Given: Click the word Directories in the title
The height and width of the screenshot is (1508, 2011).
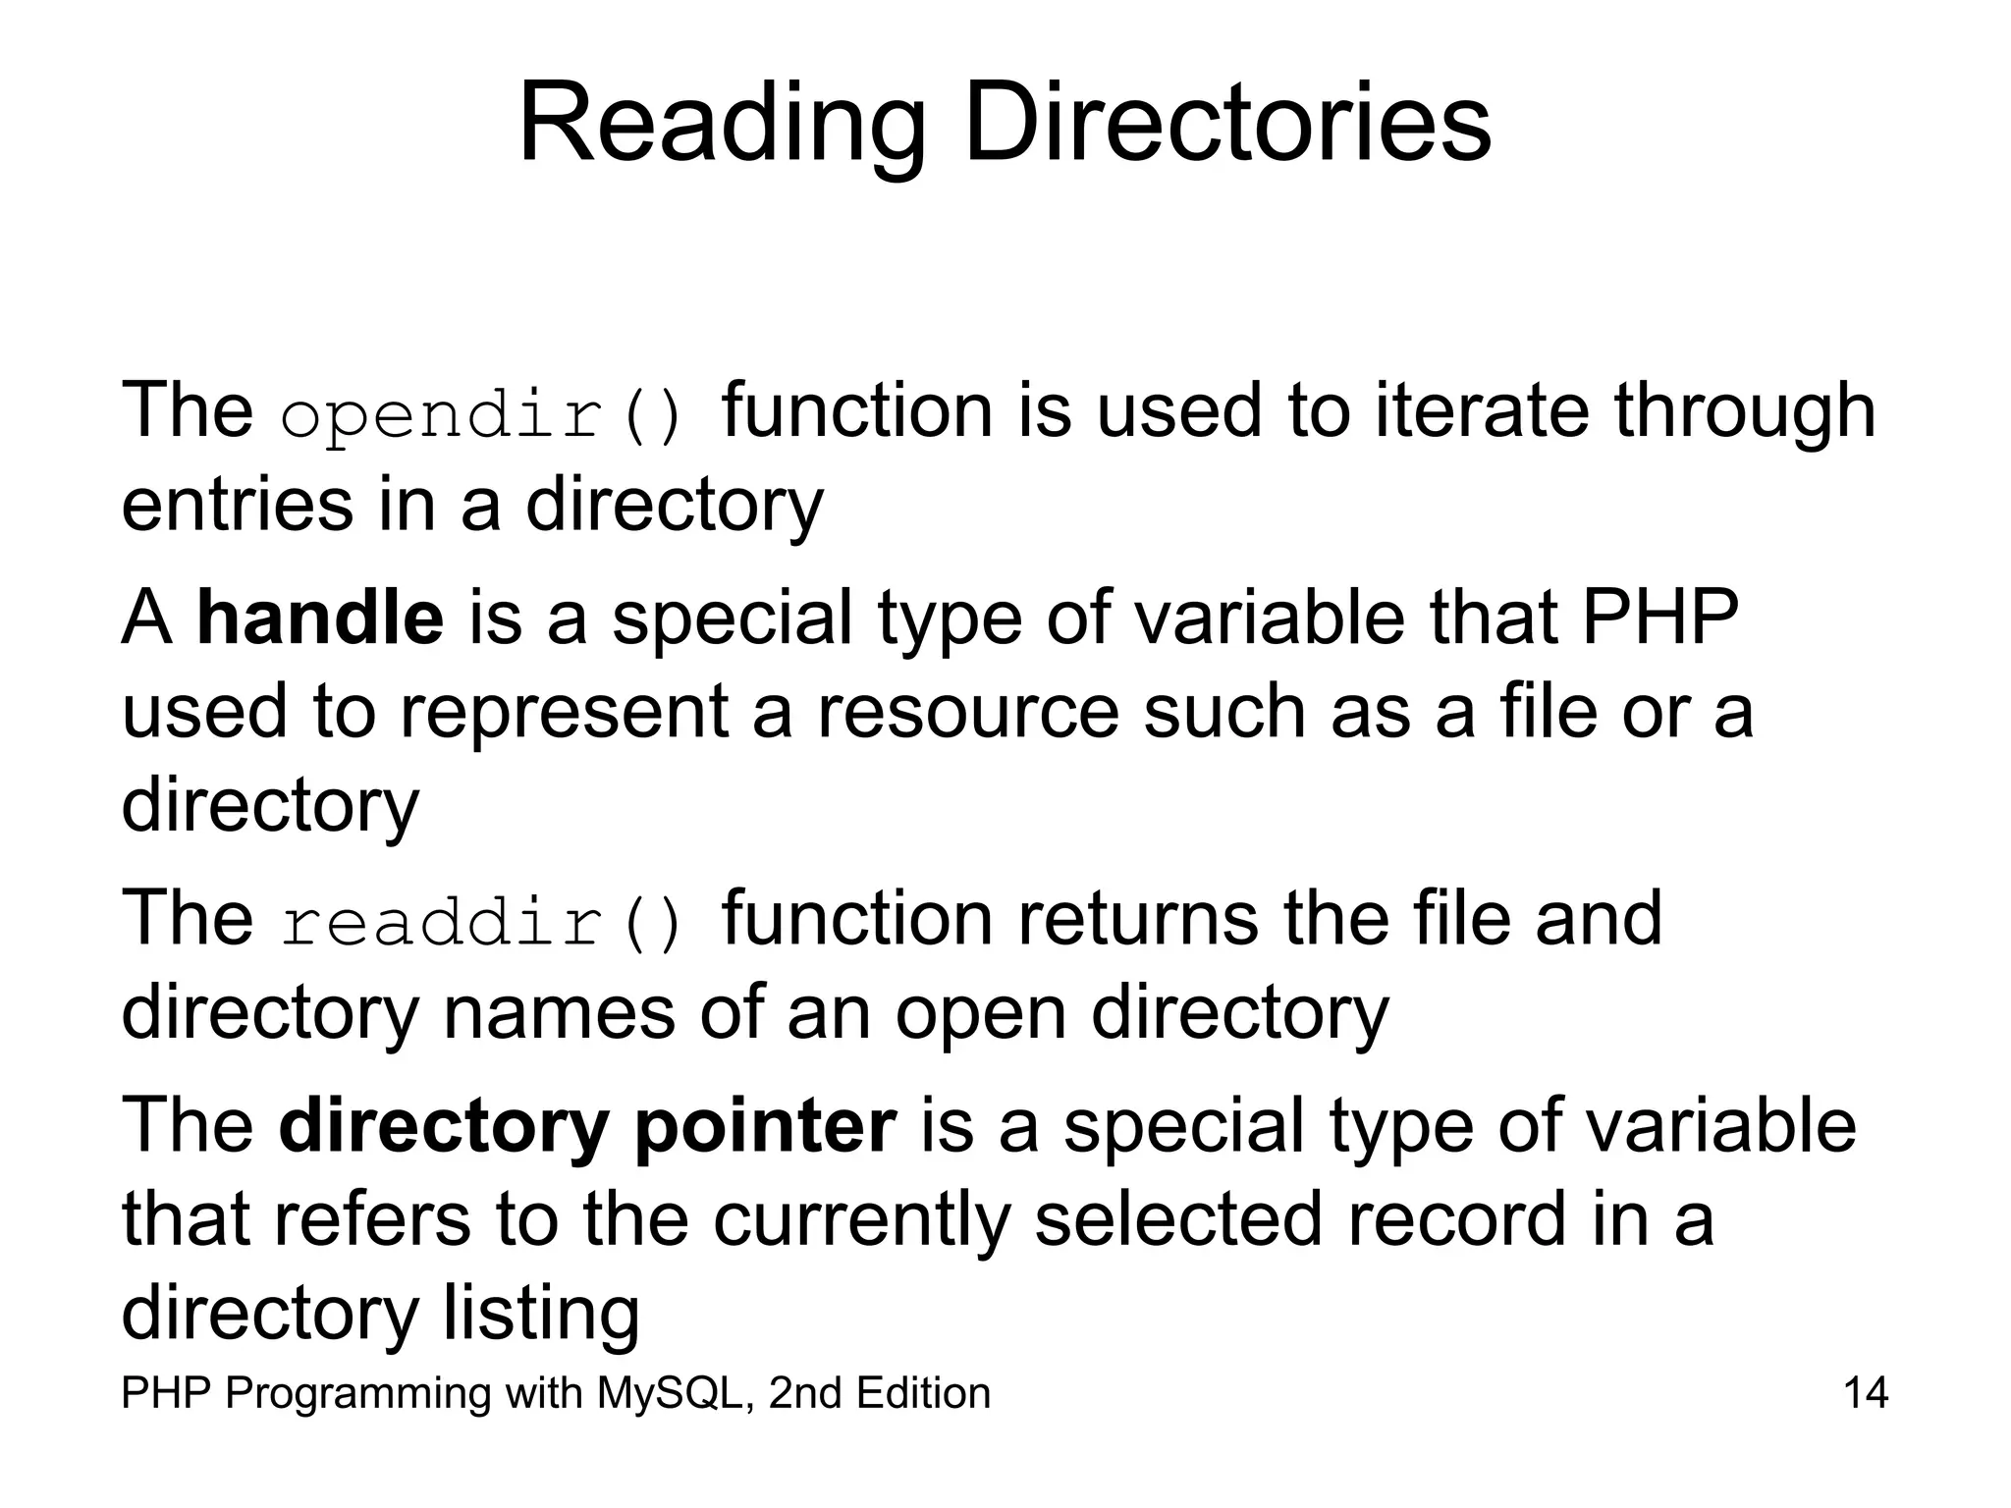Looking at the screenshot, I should [1226, 124].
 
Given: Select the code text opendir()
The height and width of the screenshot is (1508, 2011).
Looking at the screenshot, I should [481, 415].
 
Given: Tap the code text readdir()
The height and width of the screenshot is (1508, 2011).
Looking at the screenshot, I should [481, 923].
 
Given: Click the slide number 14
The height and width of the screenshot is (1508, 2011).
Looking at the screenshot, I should [1866, 1393].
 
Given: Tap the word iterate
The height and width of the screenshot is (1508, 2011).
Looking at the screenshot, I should [1482, 410].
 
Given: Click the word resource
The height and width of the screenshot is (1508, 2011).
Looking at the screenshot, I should [967, 713].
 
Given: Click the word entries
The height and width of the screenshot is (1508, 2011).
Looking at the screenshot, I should [237, 505].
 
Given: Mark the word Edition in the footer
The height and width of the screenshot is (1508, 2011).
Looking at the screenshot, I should [922, 1393].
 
